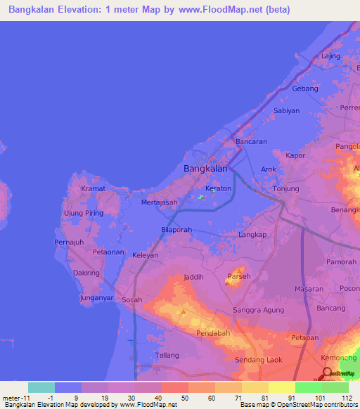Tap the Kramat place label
93,189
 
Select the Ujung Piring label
84,213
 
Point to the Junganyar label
96,297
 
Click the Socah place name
131,300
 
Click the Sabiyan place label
287,110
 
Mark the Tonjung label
286,189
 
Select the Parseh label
238,275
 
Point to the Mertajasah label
160,202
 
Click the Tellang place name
167,356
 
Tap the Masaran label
309,289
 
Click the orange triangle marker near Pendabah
184,311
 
